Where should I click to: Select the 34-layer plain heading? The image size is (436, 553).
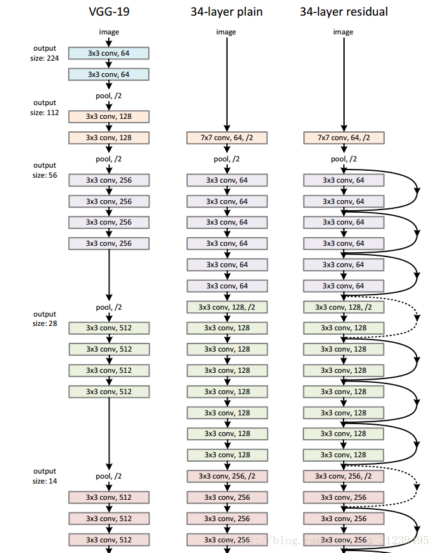tap(226, 11)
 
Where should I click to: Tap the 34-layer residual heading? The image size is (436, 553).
tap(343, 11)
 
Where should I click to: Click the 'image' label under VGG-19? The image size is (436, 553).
tap(109, 32)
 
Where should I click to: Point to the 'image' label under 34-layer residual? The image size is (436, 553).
tap(343, 32)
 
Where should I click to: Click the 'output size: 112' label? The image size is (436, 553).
tap(44, 108)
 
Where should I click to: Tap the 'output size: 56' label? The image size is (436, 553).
tap(44, 170)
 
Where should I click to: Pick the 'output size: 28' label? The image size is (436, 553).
tap(44, 319)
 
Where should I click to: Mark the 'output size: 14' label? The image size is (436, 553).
tap(44, 476)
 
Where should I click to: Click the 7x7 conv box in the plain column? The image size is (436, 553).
tap(226, 138)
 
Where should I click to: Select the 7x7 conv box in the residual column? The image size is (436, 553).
tap(343, 138)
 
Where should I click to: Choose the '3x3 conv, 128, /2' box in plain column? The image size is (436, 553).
tap(226, 307)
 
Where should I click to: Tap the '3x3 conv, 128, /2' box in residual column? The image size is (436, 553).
tap(343, 307)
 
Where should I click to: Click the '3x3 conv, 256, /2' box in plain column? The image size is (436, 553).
tap(226, 476)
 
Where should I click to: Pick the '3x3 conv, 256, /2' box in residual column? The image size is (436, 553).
tap(343, 476)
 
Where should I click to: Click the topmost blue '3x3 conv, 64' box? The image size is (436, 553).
tap(109, 53)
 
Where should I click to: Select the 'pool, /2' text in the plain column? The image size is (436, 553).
tap(226, 159)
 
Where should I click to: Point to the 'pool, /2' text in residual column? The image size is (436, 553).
tap(343, 159)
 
